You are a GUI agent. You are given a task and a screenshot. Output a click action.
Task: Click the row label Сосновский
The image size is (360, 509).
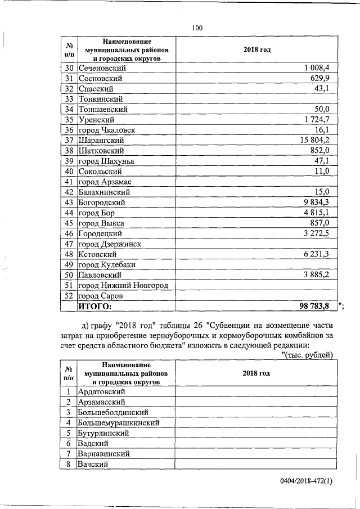click(x=100, y=79)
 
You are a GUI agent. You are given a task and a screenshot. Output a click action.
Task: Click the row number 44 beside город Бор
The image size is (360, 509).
click(x=69, y=213)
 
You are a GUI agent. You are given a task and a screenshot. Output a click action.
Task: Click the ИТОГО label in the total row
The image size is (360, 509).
click(x=95, y=307)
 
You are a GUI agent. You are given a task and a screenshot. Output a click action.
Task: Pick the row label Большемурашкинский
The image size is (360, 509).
click(x=119, y=422)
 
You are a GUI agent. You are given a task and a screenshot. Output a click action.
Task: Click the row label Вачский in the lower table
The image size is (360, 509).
click(x=93, y=464)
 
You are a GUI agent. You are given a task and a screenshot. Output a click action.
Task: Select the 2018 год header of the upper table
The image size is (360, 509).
click(x=256, y=50)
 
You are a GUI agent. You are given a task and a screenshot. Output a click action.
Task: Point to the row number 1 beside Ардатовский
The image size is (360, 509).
click(x=69, y=391)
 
